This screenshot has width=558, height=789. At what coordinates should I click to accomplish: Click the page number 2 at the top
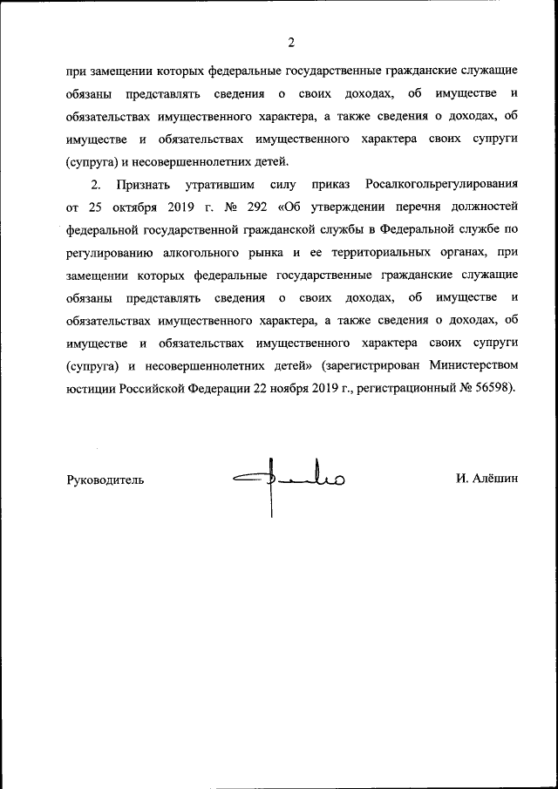[291, 42]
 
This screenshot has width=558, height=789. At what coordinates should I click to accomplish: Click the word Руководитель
[105, 480]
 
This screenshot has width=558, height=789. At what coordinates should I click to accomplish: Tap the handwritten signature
[288, 480]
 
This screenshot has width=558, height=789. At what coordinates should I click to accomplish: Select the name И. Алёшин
[487, 479]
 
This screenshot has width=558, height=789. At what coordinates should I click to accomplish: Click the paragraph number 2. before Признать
[96, 186]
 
